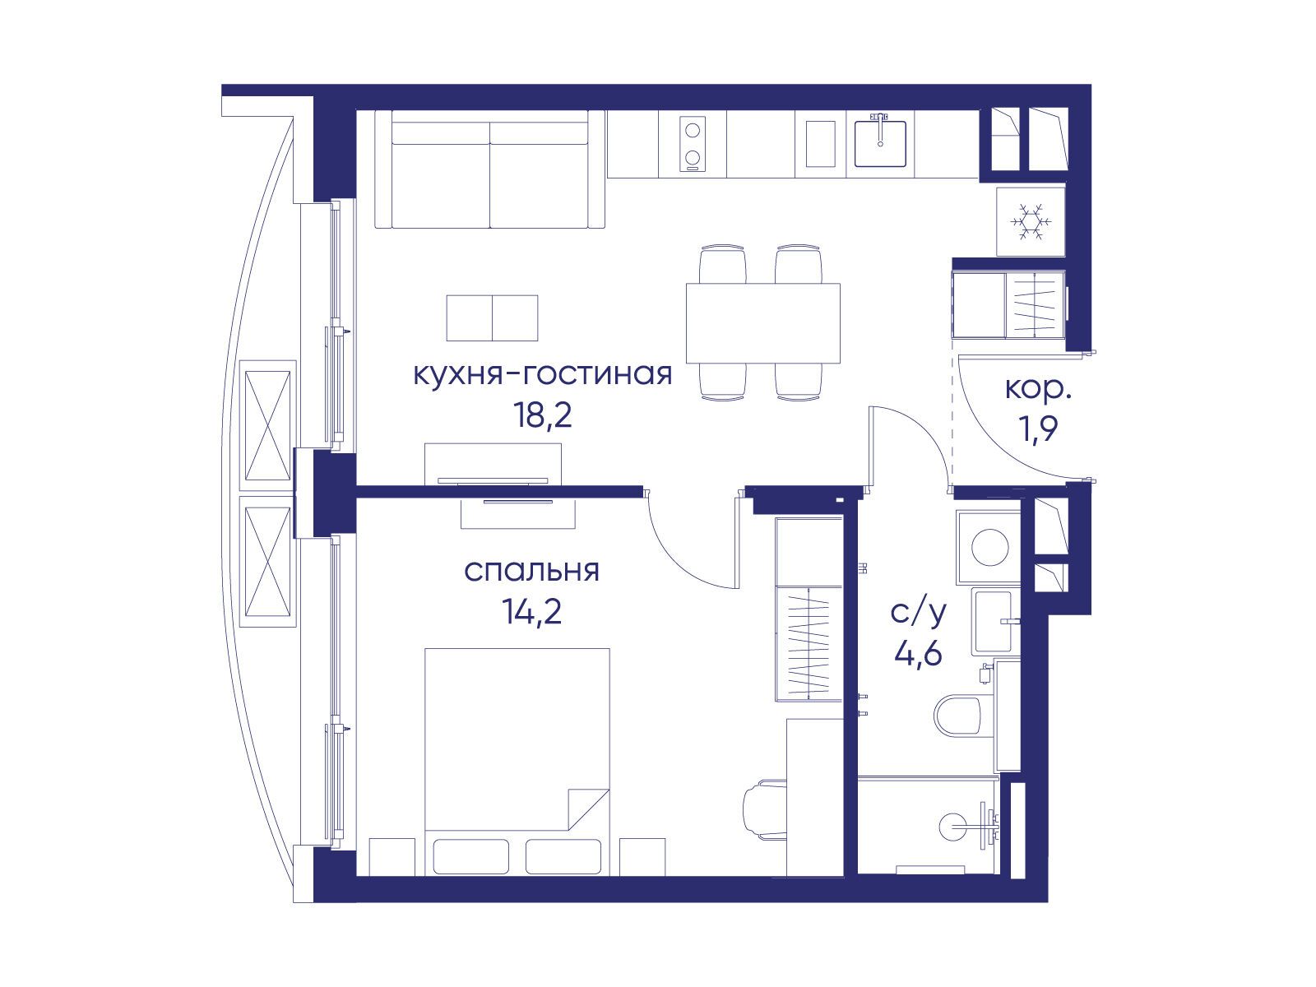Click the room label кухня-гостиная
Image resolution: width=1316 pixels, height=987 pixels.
pyautogui.click(x=543, y=374)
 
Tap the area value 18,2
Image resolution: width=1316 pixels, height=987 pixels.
pyautogui.click(x=543, y=415)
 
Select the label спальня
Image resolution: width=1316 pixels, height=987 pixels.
pyautogui.click(x=531, y=571)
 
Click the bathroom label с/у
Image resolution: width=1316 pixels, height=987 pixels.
pyautogui.click(x=918, y=613)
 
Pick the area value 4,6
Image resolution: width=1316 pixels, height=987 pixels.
pyautogui.click(x=918, y=653)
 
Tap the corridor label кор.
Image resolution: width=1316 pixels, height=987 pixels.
pyautogui.click(x=1038, y=390)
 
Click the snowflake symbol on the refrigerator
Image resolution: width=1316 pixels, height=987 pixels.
pyautogui.click(x=1031, y=222)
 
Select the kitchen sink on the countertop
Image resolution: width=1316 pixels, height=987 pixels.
pyautogui.click(x=880, y=142)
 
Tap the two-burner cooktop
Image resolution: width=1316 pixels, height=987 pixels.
pyautogui.click(x=693, y=145)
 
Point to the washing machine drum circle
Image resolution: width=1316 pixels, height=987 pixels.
pyautogui.click(x=989, y=546)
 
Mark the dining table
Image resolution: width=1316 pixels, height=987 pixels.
pyautogui.click(x=763, y=323)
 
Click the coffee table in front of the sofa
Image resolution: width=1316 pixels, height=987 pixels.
pyautogui.click(x=492, y=317)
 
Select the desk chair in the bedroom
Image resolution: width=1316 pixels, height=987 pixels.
pyautogui.click(x=763, y=809)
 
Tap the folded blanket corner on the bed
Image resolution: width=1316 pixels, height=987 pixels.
pyautogui.click(x=588, y=809)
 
